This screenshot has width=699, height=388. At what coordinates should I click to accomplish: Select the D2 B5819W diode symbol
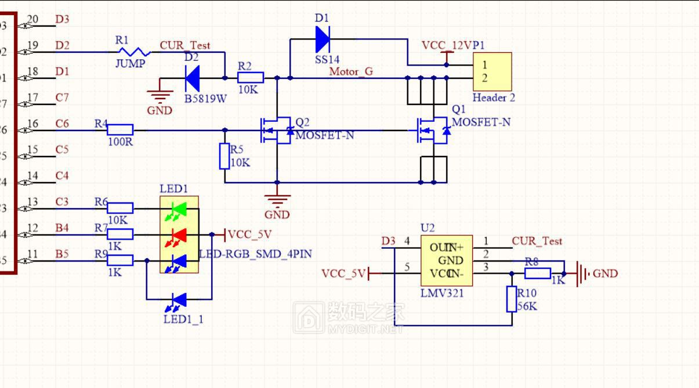point(192,78)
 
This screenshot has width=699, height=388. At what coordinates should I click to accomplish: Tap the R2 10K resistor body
point(251,78)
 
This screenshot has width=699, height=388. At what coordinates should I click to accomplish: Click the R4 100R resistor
point(120,130)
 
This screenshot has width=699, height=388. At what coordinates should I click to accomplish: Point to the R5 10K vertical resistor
point(224,157)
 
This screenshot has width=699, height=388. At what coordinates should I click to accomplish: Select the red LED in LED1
point(179,235)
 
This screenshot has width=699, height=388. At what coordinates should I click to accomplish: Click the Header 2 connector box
point(492,72)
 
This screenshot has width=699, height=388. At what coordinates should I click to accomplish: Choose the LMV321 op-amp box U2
point(446,260)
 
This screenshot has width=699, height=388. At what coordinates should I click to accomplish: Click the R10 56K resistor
point(511,299)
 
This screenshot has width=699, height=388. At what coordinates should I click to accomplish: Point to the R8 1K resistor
point(538,273)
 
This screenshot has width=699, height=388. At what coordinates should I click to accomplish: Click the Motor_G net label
point(351,71)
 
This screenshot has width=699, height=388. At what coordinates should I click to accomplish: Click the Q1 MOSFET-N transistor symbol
point(432,130)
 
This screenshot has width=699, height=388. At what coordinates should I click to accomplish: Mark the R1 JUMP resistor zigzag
point(132,52)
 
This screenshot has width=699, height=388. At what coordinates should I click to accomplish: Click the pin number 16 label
point(32,124)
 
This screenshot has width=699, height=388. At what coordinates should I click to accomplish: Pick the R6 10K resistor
point(120,208)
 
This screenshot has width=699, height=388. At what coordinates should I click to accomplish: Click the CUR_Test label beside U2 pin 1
point(537,241)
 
